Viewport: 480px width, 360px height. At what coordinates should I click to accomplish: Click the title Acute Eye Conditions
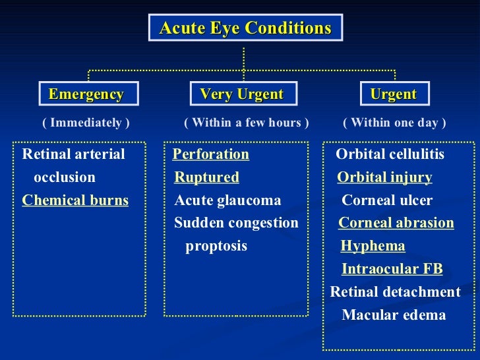point(245,28)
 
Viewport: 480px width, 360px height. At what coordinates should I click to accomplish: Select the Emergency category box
point(86,94)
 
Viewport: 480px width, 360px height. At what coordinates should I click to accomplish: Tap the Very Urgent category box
point(241,94)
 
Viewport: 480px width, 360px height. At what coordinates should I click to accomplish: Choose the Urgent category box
point(394,94)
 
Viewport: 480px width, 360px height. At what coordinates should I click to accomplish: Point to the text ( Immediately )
point(86,123)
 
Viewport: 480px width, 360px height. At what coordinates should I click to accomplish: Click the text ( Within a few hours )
point(246,123)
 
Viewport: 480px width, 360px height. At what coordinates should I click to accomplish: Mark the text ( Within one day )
point(394,123)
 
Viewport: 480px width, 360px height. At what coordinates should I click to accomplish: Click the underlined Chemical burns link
point(75,200)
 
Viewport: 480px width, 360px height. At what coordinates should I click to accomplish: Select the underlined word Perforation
point(210,154)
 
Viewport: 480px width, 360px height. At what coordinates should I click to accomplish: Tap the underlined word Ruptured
point(206,177)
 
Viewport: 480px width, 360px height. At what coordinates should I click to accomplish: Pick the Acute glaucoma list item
point(227,200)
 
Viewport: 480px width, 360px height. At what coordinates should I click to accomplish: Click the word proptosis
point(216,246)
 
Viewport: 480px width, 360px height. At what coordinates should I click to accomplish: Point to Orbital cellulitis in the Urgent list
point(390,154)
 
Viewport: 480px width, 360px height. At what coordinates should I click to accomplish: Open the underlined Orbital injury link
point(384,177)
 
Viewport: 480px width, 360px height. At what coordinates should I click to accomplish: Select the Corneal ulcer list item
point(387,200)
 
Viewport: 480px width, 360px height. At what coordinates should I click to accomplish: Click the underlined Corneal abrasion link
point(396,223)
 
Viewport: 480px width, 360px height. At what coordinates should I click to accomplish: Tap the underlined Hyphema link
point(373,246)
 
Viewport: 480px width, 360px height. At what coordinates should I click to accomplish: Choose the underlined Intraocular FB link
point(392,269)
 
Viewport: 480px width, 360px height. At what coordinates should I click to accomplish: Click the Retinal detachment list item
point(395,292)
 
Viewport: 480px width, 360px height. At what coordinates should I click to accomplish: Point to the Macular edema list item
point(394,315)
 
